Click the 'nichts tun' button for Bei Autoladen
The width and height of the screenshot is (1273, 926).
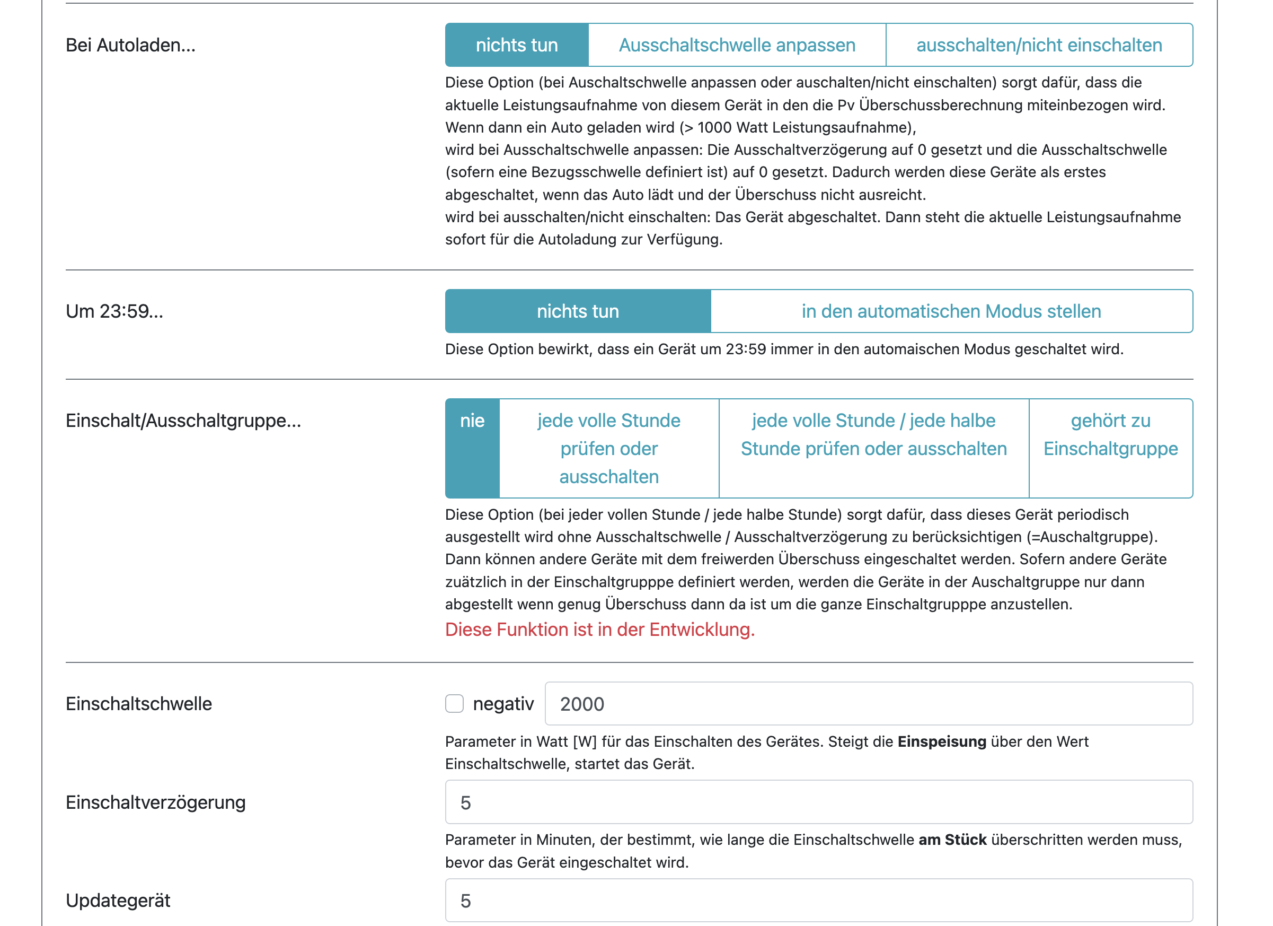[516, 45]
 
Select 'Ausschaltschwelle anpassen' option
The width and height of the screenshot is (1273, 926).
[737, 45]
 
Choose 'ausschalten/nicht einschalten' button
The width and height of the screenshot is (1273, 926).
[1039, 45]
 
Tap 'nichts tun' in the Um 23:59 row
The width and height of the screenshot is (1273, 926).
[578, 311]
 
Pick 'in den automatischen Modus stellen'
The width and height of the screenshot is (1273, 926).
[951, 311]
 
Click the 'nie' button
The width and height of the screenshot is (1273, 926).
[472, 448]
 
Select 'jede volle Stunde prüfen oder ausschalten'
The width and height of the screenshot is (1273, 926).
[608, 448]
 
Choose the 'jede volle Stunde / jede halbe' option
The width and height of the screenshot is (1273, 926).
[873, 448]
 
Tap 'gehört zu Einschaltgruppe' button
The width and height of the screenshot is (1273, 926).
[1110, 448]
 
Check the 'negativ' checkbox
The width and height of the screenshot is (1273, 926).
[454, 704]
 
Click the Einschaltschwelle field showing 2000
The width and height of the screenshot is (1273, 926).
[868, 704]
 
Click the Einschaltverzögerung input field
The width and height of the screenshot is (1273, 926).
[818, 802]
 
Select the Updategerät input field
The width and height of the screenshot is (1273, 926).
[818, 900]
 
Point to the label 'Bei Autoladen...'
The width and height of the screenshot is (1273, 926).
[130, 45]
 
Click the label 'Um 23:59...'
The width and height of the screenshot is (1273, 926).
[114, 311]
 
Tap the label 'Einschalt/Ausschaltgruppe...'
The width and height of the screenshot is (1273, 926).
[183, 421]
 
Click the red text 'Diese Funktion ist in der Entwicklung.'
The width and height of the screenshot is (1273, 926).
[599, 630]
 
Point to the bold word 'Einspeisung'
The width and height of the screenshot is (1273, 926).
[941, 741]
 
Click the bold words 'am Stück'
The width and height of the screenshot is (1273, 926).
[952, 840]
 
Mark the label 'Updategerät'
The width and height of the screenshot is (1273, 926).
[118, 900]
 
